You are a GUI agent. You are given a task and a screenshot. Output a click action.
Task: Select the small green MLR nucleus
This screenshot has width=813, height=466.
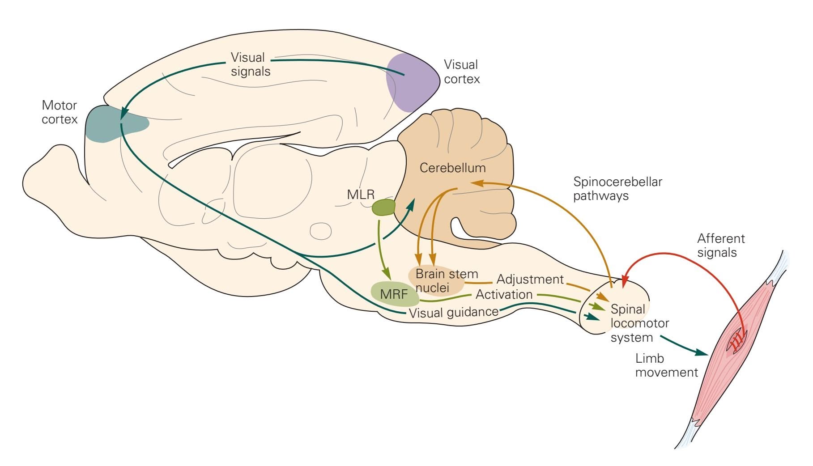(x=383, y=208)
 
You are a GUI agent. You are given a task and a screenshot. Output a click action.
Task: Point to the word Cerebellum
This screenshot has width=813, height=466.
(x=452, y=168)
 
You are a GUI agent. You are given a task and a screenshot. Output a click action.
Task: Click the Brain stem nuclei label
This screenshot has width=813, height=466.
(x=446, y=280)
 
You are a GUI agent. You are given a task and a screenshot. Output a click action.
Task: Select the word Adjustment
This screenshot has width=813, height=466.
(x=530, y=280)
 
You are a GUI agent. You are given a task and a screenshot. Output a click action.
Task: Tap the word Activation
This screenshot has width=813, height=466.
(x=504, y=294)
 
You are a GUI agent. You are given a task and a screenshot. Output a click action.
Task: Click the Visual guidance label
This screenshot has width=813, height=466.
(x=453, y=312)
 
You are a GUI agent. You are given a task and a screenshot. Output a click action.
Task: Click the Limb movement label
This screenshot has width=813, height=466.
(x=666, y=365)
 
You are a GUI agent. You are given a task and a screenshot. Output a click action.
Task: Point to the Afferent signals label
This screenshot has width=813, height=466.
(x=720, y=245)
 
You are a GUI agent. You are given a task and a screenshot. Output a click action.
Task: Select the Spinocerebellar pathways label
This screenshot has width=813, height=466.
(x=617, y=188)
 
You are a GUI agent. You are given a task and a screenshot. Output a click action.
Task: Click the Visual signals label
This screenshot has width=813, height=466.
(x=250, y=64)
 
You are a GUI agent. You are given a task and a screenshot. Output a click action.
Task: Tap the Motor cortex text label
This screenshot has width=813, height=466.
(x=60, y=112)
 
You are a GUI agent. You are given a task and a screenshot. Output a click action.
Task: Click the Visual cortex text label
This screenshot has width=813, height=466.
(x=461, y=72)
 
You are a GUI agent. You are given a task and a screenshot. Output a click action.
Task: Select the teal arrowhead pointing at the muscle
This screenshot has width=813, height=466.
(x=702, y=353)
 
